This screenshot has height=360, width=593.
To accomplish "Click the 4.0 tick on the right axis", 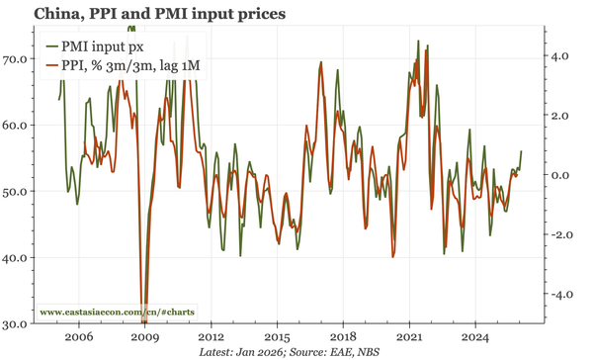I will [559, 56].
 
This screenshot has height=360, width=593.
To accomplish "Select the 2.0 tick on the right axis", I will [559, 116].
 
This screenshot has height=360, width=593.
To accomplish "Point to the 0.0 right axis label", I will [559, 176].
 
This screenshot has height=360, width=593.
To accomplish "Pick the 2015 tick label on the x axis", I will [277, 336].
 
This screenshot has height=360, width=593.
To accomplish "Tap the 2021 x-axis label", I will [409, 336].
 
